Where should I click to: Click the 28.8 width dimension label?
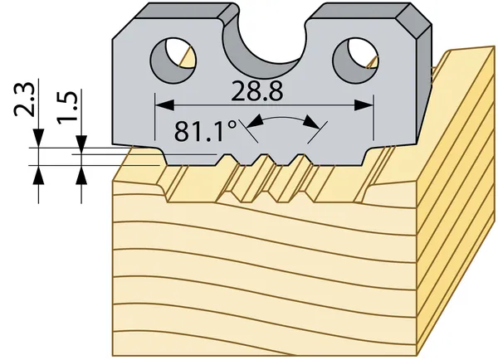(x=256, y=91)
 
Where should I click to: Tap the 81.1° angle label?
(x=206, y=131)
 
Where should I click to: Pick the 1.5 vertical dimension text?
(x=66, y=107)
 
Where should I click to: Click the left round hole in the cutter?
(x=173, y=61)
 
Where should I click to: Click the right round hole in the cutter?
(x=356, y=61)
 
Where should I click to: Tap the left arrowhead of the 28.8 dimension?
(x=164, y=105)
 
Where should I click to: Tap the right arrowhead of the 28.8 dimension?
(x=364, y=105)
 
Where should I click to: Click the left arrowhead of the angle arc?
(x=255, y=121)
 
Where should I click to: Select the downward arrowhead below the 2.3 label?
(x=39, y=138)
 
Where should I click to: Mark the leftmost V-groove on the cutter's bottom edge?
(x=227, y=159)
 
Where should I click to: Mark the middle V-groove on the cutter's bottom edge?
(x=264, y=159)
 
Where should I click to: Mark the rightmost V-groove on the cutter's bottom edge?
(x=300, y=159)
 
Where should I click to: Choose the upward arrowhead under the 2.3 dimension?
(x=39, y=175)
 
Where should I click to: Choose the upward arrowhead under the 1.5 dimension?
(x=81, y=175)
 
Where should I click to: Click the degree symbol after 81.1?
(x=232, y=124)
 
